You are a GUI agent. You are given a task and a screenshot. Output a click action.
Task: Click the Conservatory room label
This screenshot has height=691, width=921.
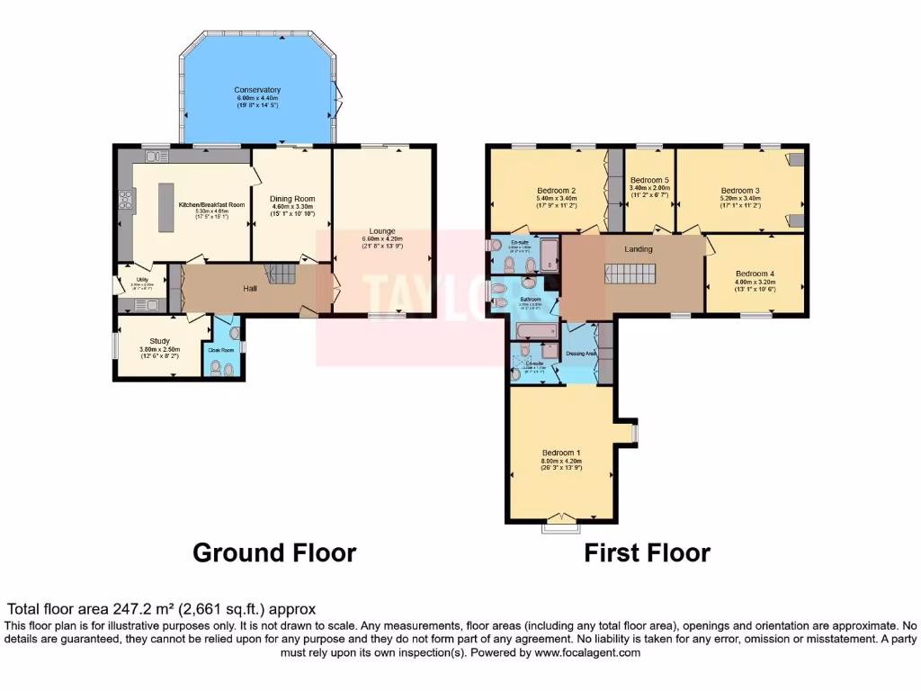(257, 90)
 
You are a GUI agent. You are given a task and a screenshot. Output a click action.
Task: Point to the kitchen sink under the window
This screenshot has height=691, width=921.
(156, 156)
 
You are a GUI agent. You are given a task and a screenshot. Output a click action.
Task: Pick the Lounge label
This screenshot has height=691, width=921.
(382, 231)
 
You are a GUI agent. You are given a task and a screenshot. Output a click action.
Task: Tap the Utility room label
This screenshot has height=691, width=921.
(142, 280)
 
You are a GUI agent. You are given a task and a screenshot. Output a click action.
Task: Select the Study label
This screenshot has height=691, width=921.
(160, 341)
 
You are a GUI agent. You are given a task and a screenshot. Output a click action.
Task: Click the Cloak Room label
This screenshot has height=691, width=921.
(220, 350)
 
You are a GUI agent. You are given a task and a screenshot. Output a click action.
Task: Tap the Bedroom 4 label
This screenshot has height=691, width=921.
(754, 274)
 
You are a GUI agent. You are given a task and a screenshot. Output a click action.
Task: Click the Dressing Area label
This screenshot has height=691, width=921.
(581, 354)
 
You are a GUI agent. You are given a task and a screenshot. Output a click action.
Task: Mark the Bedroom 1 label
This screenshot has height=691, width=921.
(560, 452)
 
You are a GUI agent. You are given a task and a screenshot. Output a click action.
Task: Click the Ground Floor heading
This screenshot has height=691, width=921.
(274, 552)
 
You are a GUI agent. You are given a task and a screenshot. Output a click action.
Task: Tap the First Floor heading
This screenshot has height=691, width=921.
(647, 552)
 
